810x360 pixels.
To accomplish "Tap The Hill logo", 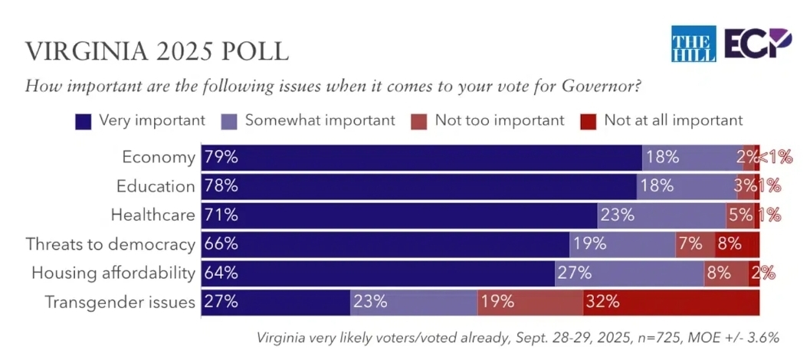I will (x=693, y=44).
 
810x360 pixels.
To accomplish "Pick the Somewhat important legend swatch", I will (x=228, y=120).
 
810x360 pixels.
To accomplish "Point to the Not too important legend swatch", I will (x=418, y=120).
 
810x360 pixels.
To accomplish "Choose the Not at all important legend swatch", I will (x=589, y=120).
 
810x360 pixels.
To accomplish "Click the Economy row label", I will (x=159, y=157).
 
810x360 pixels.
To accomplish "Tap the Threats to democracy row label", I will (x=110, y=244).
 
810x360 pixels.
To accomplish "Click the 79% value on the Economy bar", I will (x=221, y=157).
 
